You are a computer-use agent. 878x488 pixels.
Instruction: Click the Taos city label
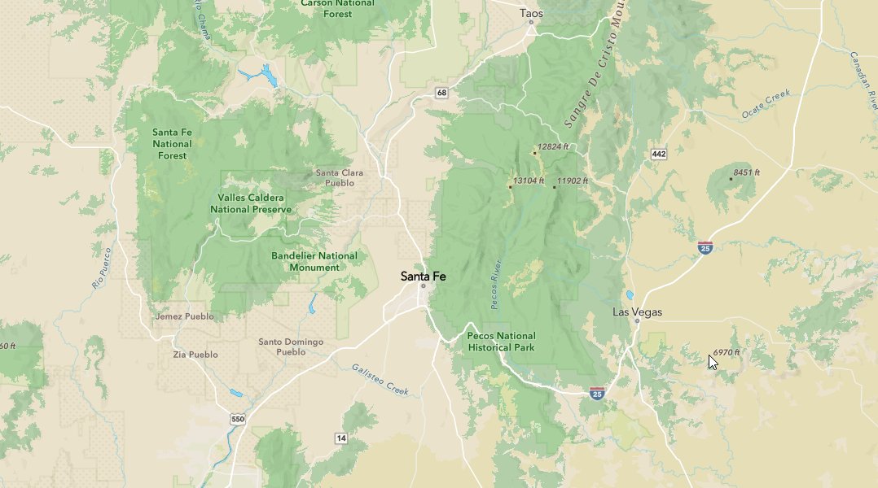(x=531, y=13)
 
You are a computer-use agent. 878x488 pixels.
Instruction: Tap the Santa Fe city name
(x=423, y=277)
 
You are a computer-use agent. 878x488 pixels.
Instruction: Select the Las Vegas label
(x=637, y=312)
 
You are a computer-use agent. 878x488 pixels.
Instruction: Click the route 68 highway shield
(x=441, y=93)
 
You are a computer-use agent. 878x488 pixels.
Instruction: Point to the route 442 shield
(x=659, y=155)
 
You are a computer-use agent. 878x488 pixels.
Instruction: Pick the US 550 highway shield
(x=237, y=419)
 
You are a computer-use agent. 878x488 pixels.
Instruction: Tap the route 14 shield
(x=340, y=438)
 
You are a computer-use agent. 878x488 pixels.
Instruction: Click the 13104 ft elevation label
(x=528, y=181)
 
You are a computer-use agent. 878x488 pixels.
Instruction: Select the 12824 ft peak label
(x=552, y=146)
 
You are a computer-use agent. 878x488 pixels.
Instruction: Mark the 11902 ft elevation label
(x=573, y=181)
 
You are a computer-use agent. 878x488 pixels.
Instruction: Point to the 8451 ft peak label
(x=746, y=172)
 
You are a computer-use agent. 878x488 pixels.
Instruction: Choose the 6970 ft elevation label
(x=726, y=352)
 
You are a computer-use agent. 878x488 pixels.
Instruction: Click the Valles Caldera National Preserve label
(x=250, y=203)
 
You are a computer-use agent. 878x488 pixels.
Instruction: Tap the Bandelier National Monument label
(x=314, y=261)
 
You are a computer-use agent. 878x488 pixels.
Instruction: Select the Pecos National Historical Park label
(x=501, y=342)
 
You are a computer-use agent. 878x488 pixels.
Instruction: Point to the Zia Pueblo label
(x=195, y=355)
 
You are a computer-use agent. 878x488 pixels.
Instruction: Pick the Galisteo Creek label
(x=380, y=379)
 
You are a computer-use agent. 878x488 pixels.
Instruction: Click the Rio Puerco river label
(x=101, y=268)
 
